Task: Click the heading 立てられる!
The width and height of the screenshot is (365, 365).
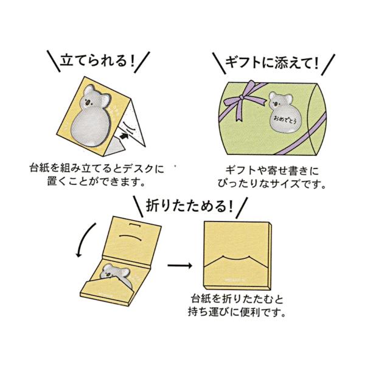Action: click(96, 61)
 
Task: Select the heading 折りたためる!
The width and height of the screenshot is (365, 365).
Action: click(190, 206)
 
